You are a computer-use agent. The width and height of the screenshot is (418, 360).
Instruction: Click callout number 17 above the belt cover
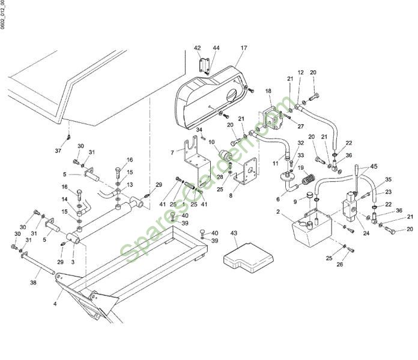tap(244, 47)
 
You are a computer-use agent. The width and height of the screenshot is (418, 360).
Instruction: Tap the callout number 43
tap(234, 232)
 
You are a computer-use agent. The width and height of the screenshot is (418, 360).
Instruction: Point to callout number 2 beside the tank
tap(277, 212)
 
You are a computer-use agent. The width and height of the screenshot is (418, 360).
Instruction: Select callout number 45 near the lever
tap(375, 167)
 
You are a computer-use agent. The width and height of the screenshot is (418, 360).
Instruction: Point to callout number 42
tap(198, 47)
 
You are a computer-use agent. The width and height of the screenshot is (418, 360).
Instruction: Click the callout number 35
tap(388, 179)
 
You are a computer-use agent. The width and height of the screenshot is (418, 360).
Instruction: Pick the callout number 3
tap(73, 262)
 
